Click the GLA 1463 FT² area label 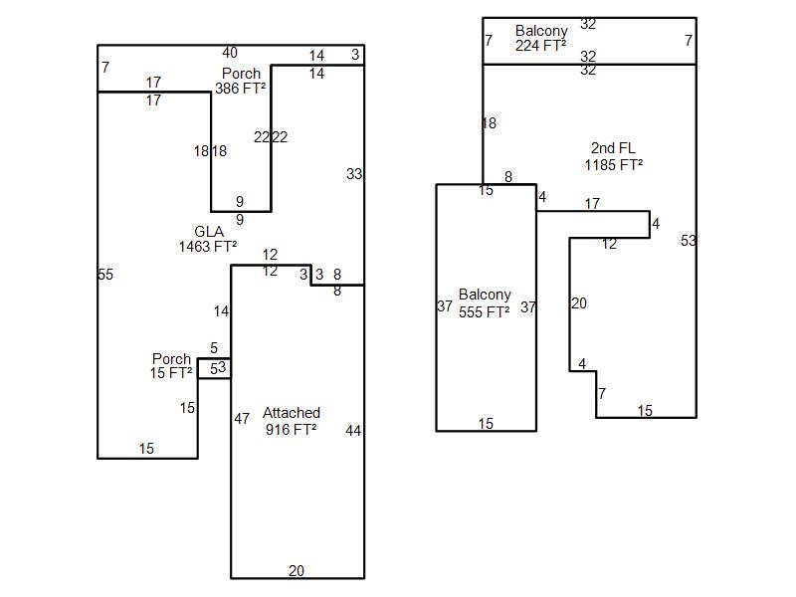click(x=208, y=239)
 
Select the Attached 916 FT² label click(x=292, y=421)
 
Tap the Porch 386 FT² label click(x=241, y=81)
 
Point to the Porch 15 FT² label click(x=171, y=366)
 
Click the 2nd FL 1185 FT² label click(x=614, y=156)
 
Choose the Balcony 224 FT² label click(x=541, y=38)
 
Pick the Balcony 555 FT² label click(x=485, y=303)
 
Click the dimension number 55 click(x=105, y=275)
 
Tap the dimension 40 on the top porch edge click(x=230, y=53)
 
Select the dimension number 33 click(x=354, y=174)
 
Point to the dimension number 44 click(x=353, y=431)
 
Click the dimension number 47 click(x=242, y=418)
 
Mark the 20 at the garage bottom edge click(x=297, y=570)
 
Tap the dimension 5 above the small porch click(x=214, y=347)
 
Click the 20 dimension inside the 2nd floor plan click(x=579, y=303)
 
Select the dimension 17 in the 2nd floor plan click(x=592, y=204)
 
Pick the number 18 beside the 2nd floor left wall click(x=490, y=122)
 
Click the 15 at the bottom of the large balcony click(x=486, y=424)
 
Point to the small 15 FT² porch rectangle click(x=214, y=368)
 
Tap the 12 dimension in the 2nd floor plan click(x=610, y=244)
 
